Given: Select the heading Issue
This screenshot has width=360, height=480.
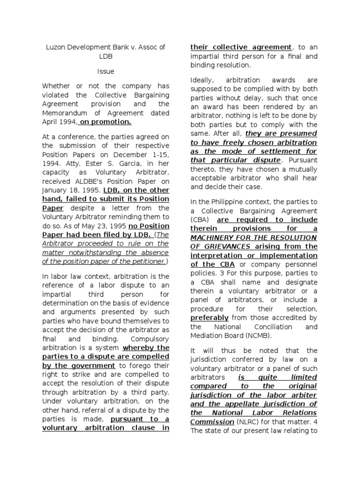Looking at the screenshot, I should [105, 71].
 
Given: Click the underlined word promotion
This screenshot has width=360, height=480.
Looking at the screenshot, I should [112, 122].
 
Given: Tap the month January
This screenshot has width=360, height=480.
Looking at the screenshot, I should [55, 190].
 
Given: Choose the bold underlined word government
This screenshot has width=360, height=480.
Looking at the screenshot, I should [92, 365].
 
